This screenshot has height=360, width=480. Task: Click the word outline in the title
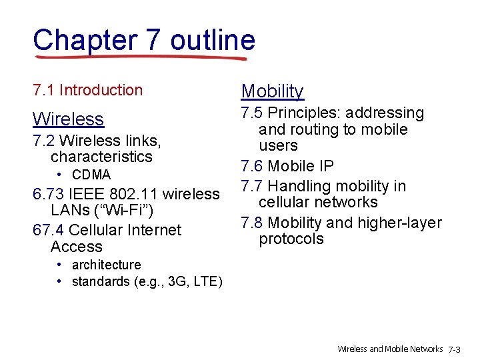point(213,40)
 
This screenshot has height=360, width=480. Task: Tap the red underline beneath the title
point(140,58)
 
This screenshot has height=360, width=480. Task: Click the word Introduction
point(101,90)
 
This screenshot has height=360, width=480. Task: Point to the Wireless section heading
point(69,119)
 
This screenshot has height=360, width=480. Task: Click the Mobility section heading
point(272,91)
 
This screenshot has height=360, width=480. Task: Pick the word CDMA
point(91,175)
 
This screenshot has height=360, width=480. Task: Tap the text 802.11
point(137,194)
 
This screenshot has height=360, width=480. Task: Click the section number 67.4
point(48,230)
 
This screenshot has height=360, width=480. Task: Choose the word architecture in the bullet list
point(106,265)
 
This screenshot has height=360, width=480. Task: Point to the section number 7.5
point(252,113)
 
